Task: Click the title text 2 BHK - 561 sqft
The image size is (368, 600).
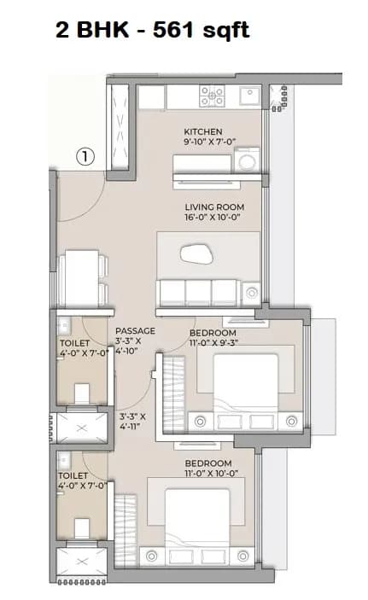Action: [x=152, y=32]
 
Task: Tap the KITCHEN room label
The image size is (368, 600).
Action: [x=202, y=132]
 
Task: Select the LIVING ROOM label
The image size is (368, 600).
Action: [x=214, y=207]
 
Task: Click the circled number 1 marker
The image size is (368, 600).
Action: [x=85, y=156]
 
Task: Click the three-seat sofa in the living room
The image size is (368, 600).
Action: [x=198, y=292]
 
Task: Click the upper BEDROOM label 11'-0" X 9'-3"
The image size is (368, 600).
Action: [x=212, y=336]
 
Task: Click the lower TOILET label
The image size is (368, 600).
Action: [x=73, y=475]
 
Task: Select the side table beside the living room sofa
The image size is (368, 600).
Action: [x=250, y=293]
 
